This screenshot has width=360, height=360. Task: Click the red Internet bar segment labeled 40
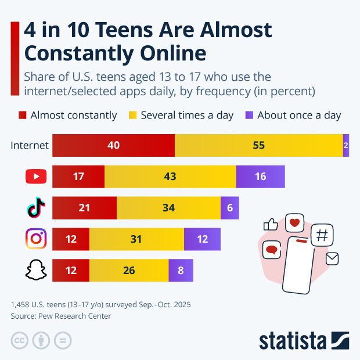[113, 145]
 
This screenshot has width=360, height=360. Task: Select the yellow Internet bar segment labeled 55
[259, 145]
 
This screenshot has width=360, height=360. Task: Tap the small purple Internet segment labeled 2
[346, 145]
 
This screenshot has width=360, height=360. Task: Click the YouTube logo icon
[36, 177]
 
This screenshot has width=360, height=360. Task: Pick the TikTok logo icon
[36, 207]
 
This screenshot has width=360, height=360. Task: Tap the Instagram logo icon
[36, 239]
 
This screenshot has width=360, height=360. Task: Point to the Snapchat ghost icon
[36, 270]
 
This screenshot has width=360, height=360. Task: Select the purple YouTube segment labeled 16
[260, 177]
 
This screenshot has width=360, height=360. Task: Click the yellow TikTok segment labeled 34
[168, 207]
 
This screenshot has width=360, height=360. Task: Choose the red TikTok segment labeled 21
[84, 207]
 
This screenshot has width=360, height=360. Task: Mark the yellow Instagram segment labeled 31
[136, 239]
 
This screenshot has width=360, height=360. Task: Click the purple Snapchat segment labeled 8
[181, 270]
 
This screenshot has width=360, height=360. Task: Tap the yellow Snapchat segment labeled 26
[129, 270]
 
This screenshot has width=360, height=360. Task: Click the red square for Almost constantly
[23, 115]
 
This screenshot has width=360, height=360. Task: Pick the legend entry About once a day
[293, 115]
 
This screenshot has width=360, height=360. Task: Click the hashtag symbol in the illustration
[322, 235]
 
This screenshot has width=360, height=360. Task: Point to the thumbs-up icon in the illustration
[271, 224]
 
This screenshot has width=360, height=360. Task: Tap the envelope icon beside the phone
[332, 258]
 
